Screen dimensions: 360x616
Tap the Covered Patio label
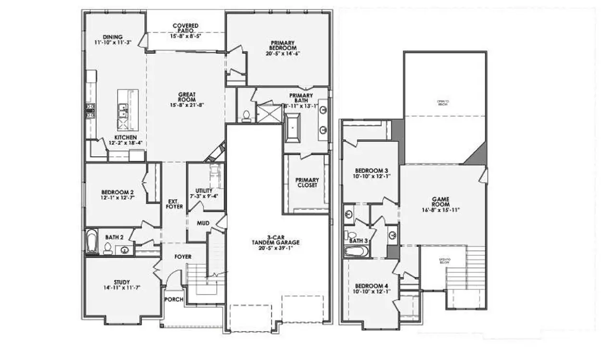coord(185,30)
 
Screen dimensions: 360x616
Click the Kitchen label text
coord(118,140)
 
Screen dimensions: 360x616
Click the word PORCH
coord(174,299)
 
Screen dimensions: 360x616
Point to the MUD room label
coord(203,223)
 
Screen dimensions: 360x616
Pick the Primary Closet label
coord(307,182)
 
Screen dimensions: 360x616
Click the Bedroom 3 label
coord(371,174)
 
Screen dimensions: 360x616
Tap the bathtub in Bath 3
coord(356,252)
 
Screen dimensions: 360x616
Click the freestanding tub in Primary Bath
coord(292,128)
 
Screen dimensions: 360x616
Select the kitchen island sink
coord(123,112)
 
